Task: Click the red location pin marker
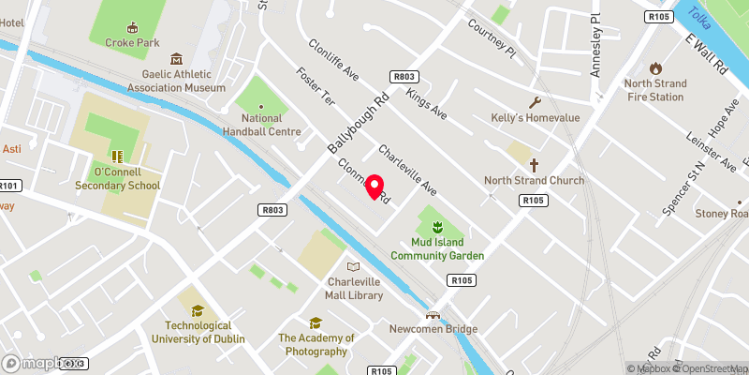(x=374, y=187)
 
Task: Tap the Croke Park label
(x=132, y=42)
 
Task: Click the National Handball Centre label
(x=261, y=125)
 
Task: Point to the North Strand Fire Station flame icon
(x=655, y=68)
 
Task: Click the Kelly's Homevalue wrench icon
(x=536, y=102)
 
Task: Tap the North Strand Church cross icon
(x=534, y=165)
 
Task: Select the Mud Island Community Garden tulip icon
(x=436, y=226)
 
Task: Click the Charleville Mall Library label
(x=355, y=289)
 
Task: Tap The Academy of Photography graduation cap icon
(x=316, y=322)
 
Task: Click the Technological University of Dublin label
(x=198, y=332)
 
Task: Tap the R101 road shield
(x=9, y=186)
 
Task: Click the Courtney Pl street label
(x=492, y=37)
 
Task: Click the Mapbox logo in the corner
(x=37, y=363)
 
